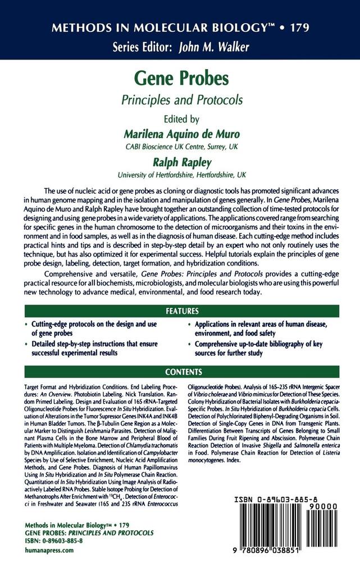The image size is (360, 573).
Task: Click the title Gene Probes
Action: tap(180, 79)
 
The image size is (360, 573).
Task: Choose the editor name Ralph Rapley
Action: tap(180, 162)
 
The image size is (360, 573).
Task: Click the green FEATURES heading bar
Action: tap(181, 311)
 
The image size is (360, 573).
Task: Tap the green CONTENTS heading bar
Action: tap(181, 372)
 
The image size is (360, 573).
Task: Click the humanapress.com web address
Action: tap(49, 551)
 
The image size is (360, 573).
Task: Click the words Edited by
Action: tap(180, 120)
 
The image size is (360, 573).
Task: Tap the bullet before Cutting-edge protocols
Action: tap(26, 326)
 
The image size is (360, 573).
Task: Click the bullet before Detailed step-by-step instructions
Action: tap(26, 344)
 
